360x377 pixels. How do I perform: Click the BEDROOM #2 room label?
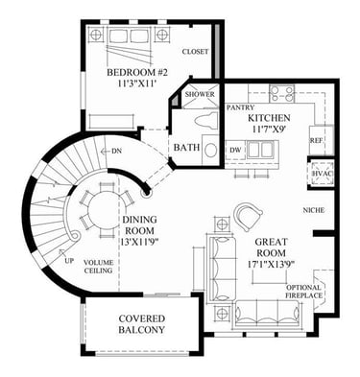137,73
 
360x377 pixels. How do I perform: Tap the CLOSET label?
195,52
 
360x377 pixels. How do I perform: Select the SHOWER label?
200,94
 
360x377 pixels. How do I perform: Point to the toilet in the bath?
206,122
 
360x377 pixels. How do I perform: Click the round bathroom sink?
210,151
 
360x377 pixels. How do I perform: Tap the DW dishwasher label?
235,150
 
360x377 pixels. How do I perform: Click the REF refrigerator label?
316,140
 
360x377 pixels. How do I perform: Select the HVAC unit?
322,174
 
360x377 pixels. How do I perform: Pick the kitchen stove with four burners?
282,93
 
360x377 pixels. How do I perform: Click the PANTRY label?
240,107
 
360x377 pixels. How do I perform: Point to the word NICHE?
314,210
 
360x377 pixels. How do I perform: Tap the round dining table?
102,210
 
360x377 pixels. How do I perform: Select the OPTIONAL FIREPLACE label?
303,292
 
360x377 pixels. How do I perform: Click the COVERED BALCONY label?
142,324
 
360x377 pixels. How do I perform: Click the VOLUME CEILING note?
98,267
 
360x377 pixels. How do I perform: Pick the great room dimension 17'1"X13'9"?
271,265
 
